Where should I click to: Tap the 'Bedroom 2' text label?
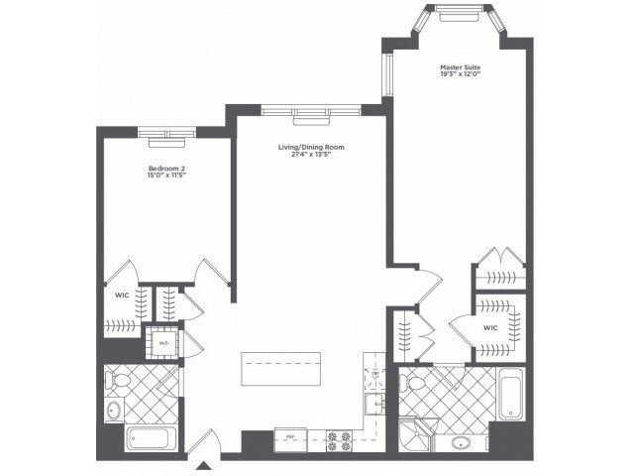[x=167, y=169]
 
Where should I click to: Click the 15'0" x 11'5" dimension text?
[x=167, y=178]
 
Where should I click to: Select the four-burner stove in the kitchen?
[x=339, y=439]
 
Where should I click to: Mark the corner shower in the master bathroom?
[x=414, y=433]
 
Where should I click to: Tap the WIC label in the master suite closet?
[x=490, y=327]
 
